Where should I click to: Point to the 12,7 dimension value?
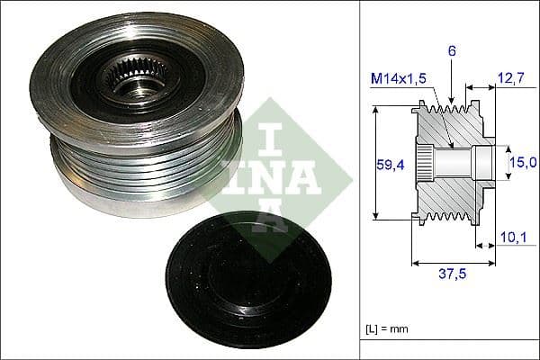point(510,80)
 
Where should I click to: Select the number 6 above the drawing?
point(452,52)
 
